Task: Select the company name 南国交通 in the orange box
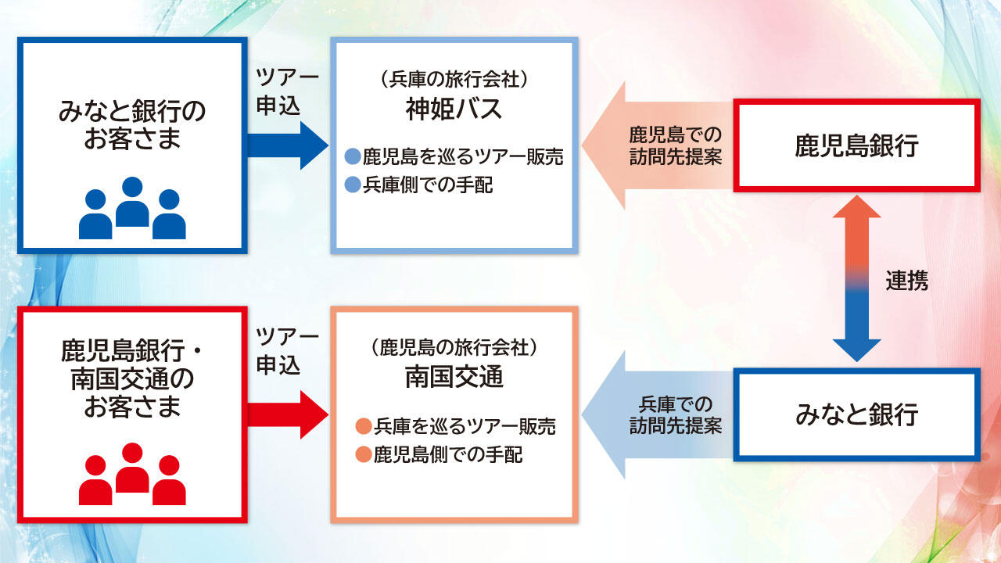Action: click(x=454, y=378)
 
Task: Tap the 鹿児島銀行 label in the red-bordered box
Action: click(x=856, y=146)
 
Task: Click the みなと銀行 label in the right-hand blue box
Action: click(x=856, y=414)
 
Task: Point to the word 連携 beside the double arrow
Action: click(x=907, y=281)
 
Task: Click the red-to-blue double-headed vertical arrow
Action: click(x=857, y=279)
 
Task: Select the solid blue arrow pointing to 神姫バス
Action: click(x=286, y=145)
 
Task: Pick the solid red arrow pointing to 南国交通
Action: click(x=286, y=414)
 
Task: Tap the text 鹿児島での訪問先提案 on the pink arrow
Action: click(x=676, y=145)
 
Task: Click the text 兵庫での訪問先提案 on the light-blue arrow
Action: click(x=676, y=414)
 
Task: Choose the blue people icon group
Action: click(x=132, y=208)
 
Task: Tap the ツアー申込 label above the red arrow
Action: click(x=288, y=351)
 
